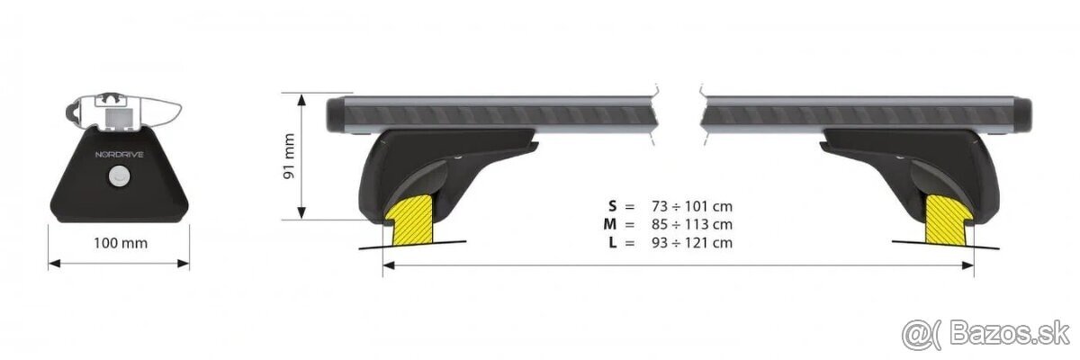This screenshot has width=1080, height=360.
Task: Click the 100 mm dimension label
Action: [119, 243]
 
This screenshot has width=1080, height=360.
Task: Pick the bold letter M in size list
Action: [613, 224]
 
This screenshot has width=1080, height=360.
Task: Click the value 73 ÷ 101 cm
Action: [690, 206]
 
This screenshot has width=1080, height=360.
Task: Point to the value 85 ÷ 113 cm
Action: [690, 224]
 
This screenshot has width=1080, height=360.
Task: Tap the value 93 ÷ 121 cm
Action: [690, 242]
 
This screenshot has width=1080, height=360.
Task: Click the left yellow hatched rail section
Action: [410, 218]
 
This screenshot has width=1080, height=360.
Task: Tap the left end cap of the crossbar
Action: [334, 115]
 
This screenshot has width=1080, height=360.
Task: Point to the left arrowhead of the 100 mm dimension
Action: [52, 264]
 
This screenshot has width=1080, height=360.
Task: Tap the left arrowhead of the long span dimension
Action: [388, 265]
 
